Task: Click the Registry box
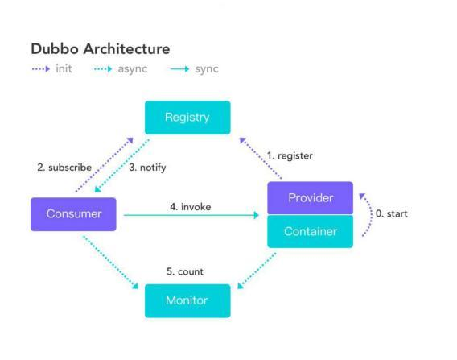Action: click(187, 118)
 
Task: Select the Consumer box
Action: click(73, 214)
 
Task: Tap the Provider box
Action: click(310, 198)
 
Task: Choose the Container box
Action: click(310, 231)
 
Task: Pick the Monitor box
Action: click(187, 300)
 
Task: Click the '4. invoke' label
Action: click(191, 207)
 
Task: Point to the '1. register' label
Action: click(290, 155)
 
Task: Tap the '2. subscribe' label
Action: click(64, 168)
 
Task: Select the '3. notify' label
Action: click(147, 168)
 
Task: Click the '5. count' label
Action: click(185, 271)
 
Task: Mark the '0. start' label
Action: click(392, 214)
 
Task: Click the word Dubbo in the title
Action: click(55, 48)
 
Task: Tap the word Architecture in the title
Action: click(127, 48)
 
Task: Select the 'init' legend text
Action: click(64, 68)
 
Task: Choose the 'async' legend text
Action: click(133, 69)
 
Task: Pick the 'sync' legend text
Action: click(207, 69)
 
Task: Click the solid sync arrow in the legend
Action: click(180, 69)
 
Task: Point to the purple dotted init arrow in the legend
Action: click(41, 69)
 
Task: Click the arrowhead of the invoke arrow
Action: click(257, 215)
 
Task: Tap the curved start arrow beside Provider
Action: click(371, 213)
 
